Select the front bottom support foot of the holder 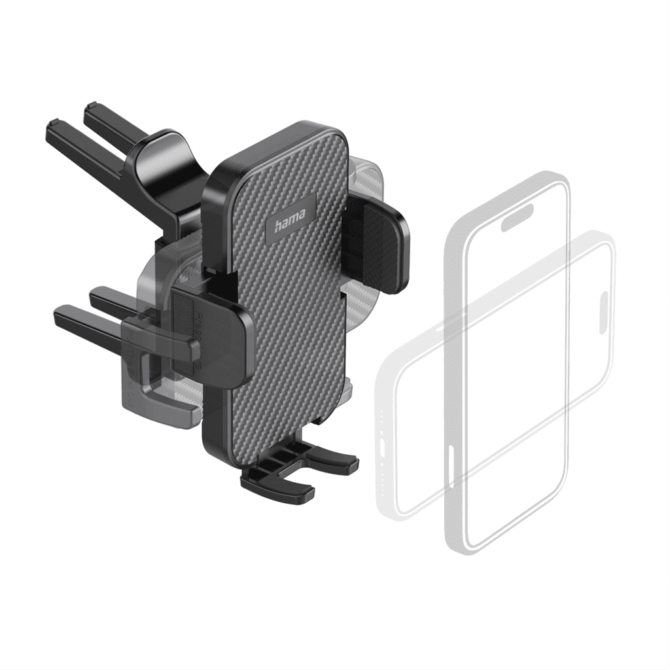pyautogui.click(x=277, y=484)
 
